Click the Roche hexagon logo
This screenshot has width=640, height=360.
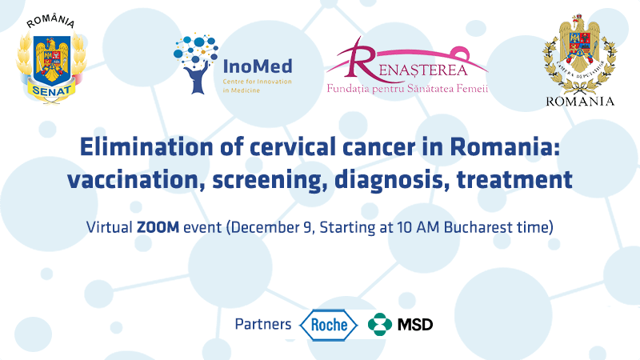pos(329,325)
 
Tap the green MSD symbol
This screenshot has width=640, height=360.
pos(379,325)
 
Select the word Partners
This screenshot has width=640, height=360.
pos(263,324)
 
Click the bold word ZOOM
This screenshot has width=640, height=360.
pos(158,226)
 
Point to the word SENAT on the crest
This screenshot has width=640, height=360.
pos(51,90)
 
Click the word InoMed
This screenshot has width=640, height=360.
pos(258,66)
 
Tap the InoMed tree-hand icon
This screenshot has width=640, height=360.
pos(196,63)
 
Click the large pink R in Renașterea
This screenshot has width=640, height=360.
pos(360,59)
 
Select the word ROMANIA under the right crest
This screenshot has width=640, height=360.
pos(580,102)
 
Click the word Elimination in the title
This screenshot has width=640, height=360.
pos(146,147)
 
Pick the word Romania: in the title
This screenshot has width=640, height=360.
pos(505,147)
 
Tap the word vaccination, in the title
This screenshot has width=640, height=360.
pos(136,180)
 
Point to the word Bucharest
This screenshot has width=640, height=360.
pos(474,227)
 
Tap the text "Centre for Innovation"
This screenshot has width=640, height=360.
pos(257,82)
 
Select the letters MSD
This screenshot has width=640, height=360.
pos(415,325)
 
